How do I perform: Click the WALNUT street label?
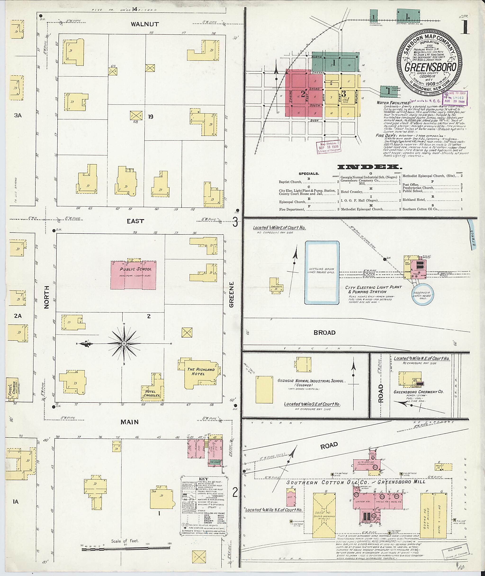click(145, 24)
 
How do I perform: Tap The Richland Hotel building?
click(201, 371)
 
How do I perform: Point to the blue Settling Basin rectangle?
click(322, 272)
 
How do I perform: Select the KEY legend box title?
click(203, 479)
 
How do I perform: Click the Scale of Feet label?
click(125, 541)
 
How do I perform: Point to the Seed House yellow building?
click(324, 515)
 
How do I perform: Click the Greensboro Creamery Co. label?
click(418, 392)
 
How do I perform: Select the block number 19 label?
click(150, 117)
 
